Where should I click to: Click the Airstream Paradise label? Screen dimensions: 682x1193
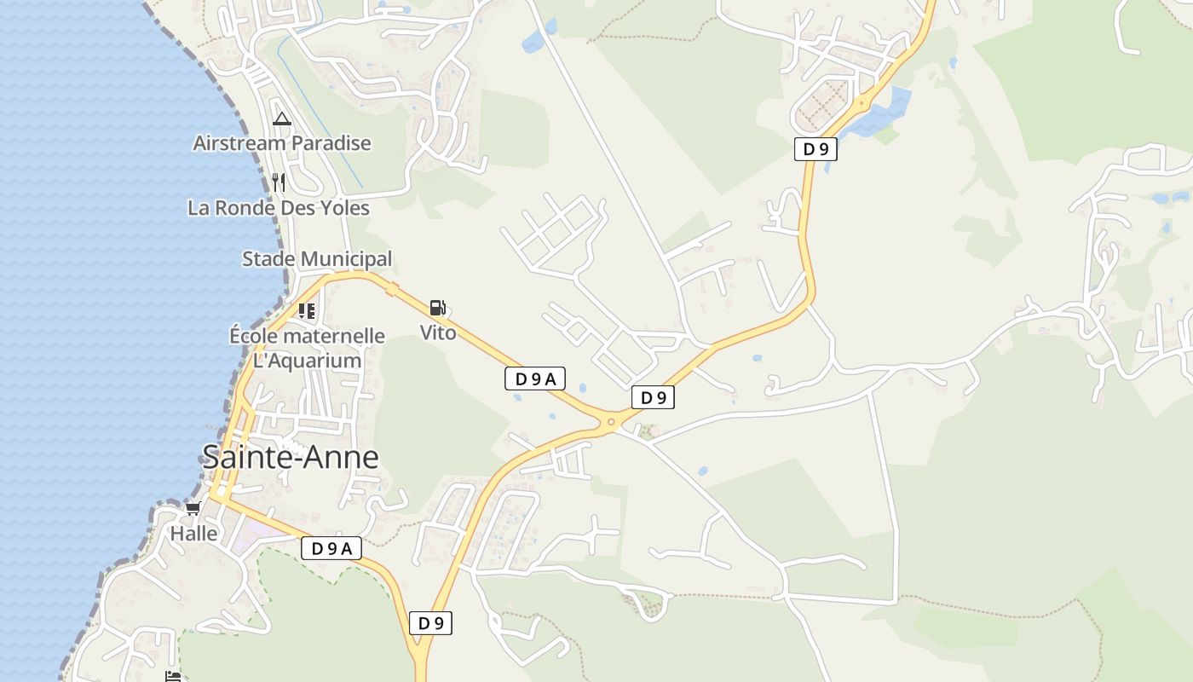tap(282, 143)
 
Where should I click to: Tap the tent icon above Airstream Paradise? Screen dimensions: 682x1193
tap(282, 119)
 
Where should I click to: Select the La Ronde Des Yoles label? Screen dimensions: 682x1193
tap(279, 208)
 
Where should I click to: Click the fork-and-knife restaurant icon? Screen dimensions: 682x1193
tap(279, 182)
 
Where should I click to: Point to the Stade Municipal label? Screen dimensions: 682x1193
tap(317, 259)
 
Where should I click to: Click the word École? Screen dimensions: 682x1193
tap(256, 336)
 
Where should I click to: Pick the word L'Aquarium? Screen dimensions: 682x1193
tap(308, 361)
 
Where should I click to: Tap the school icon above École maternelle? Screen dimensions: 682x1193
tap(307, 311)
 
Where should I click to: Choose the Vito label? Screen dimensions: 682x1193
tap(438, 332)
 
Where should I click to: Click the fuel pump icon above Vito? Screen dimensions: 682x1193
tap(437, 308)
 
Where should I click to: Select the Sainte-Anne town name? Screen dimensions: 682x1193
tap(291, 458)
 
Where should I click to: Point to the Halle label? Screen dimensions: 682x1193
tap(193, 535)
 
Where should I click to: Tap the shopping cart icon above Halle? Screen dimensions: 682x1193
tap(193, 509)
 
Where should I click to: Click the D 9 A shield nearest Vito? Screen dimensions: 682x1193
tap(535, 379)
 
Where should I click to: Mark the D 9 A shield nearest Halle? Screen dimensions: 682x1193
tap(331, 549)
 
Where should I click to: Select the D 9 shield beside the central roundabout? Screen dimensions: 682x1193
tap(653, 397)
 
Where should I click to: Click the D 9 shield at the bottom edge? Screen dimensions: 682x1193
tap(431, 623)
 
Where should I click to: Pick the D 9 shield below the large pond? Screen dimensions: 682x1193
tap(816, 149)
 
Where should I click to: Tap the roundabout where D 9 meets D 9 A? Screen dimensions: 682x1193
tap(611, 421)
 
